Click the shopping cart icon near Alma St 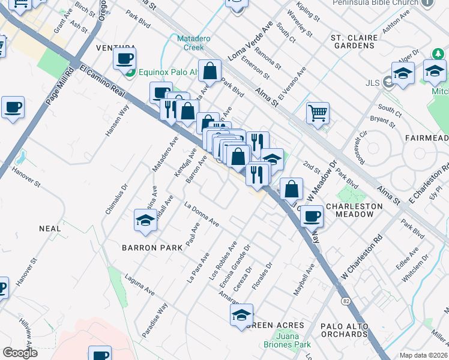pyautogui.click(x=318, y=112)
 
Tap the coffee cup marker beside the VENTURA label pyautogui.click(x=124, y=59)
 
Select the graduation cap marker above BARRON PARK pyautogui.click(x=145, y=220)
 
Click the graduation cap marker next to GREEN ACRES pyautogui.click(x=241, y=314)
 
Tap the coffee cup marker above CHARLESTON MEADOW pyautogui.click(x=311, y=215)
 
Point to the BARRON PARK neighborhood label pyautogui.click(x=148, y=247)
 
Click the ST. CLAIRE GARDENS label pyautogui.click(x=354, y=41)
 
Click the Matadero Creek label pyautogui.click(x=193, y=43)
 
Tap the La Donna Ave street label pyautogui.click(x=202, y=214)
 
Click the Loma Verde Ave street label pyautogui.click(x=250, y=41)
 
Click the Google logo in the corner pyautogui.click(x=20, y=353)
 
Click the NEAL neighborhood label pyautogui.click(x=50, y=229)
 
